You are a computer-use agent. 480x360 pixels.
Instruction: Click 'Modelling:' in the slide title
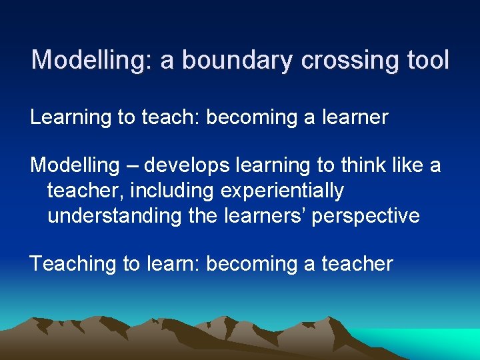93,61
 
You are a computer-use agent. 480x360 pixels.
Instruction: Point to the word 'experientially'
283,191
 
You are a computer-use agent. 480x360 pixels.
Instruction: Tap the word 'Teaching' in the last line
73,264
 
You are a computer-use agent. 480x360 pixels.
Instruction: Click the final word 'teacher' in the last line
358,264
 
